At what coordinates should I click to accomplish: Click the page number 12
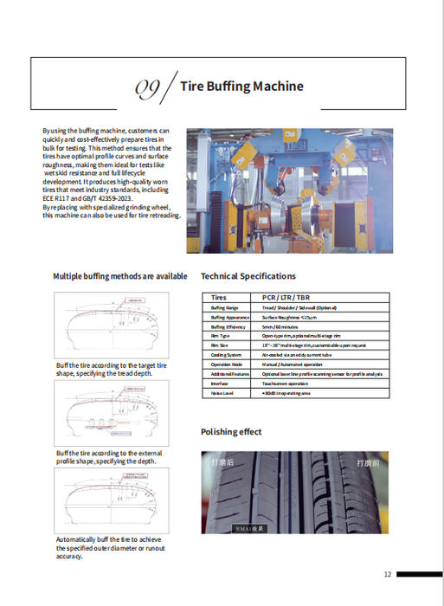(388, 574)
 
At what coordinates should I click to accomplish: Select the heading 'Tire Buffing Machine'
(241, 87)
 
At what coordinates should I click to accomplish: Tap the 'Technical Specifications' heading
(248, 276)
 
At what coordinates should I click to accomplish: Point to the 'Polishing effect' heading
(231, 432)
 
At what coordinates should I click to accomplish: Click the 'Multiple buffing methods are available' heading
(120, 276)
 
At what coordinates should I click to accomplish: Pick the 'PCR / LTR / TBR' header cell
(286, 297)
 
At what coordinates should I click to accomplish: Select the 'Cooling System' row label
(227, 355)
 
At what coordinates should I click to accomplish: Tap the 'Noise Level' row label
(222, 393)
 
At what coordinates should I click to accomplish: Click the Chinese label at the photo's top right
(370, 463)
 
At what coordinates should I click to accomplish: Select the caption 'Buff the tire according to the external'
(109, 453)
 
